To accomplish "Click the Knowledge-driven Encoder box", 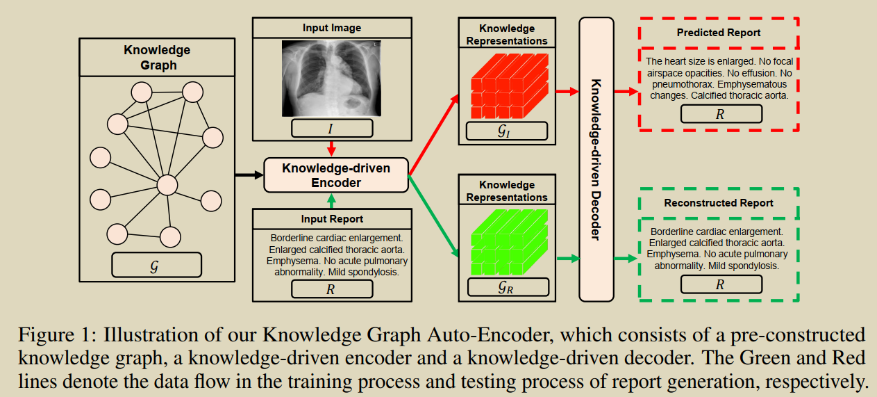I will pos(336,176).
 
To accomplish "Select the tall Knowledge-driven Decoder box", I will pos(596,159).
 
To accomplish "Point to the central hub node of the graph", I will pos(167,186).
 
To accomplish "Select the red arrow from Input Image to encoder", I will pos(331,147).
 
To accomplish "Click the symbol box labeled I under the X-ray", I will pos(331,128).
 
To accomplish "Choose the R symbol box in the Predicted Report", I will pos(721,114).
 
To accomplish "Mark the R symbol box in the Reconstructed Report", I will pos(721,284).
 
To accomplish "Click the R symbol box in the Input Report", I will pos(331,289).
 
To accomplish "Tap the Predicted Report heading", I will pos(719,33).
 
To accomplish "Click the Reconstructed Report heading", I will pos(719,203).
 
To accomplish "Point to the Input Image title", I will pos(332,29).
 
